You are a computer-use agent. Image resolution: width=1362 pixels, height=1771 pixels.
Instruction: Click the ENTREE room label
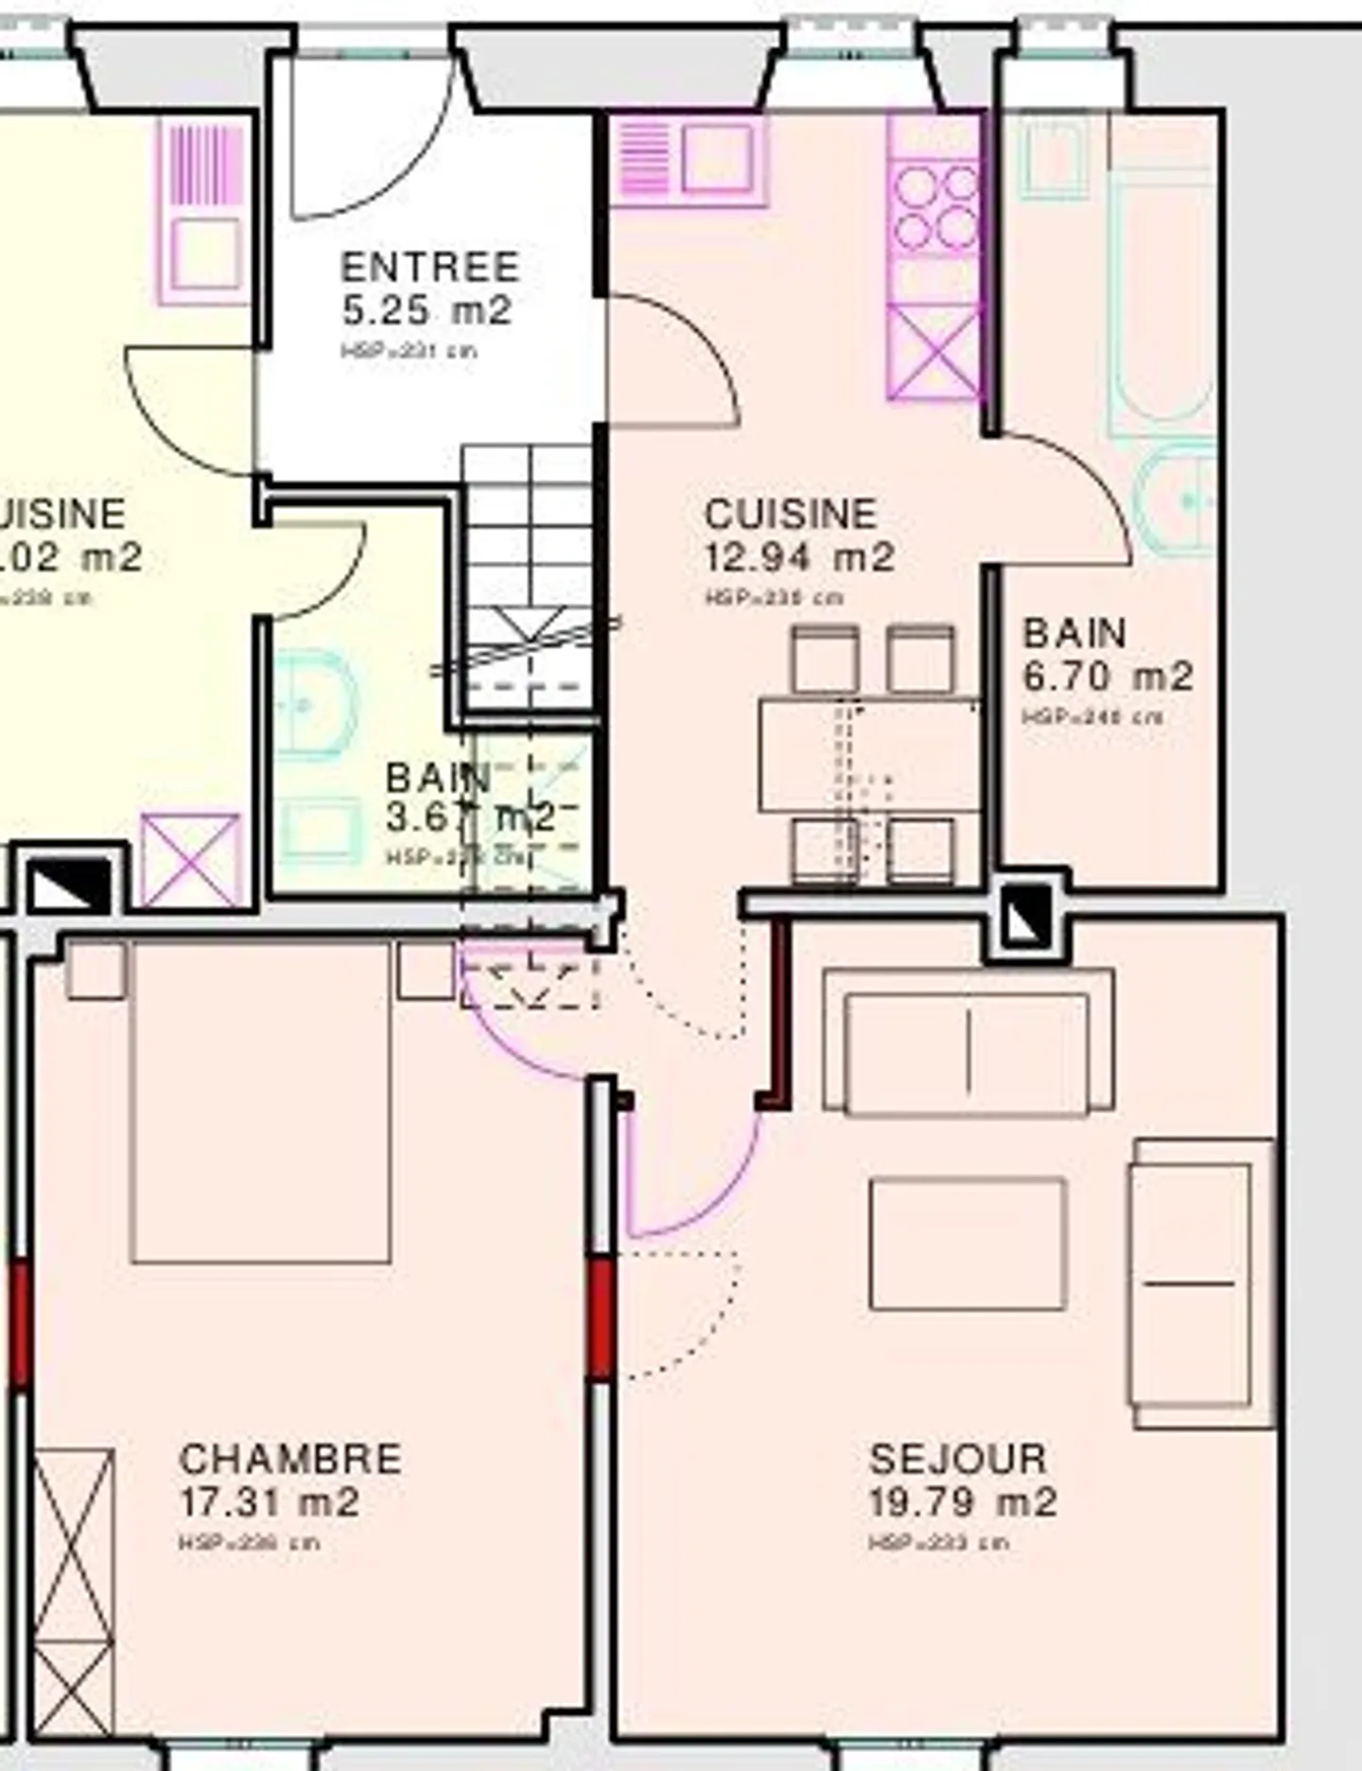tap(429, 267)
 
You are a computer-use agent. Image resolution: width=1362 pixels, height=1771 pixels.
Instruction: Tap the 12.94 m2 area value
tap(799, 556)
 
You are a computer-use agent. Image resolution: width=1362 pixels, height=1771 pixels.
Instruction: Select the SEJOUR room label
tap(957, 1459)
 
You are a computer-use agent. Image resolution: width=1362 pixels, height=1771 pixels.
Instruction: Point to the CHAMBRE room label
tap(290, 1459)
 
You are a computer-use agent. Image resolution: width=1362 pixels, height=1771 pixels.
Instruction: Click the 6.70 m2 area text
tap(1108, 676)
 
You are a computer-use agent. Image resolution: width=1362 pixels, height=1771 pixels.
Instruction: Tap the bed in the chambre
tap(261, 1102)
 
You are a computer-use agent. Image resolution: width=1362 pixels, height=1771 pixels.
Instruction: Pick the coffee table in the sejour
tap(968, 1243)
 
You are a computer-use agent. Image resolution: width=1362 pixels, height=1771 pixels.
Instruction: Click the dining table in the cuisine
tap(868, 754)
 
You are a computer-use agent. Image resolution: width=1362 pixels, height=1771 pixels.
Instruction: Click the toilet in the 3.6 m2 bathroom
tap(317, 705)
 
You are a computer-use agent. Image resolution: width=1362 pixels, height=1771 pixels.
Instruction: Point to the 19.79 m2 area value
tap(962, 1502)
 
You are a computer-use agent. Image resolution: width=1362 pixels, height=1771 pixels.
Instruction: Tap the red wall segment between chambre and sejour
tap(601, 1317)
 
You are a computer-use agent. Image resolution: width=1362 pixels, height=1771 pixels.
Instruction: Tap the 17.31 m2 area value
tap(270, 1502)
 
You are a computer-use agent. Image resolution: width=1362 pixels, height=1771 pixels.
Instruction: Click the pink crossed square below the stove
tap(934, 353)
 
